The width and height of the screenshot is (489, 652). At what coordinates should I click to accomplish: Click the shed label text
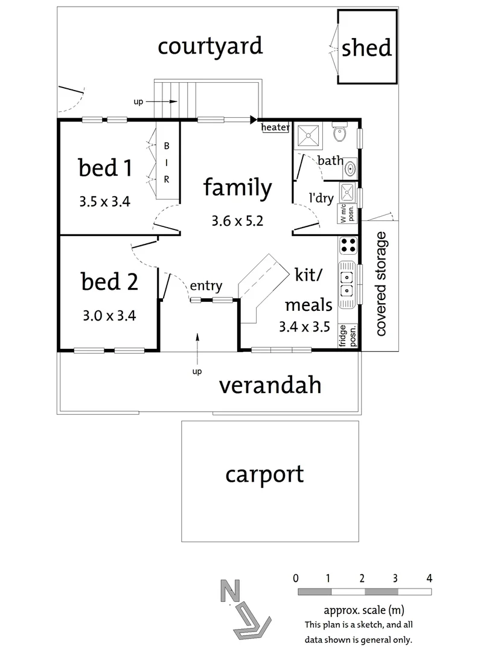point(366,48)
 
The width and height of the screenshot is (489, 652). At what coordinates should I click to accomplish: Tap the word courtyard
point(210,46)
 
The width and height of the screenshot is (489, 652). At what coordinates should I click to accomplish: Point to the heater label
point(275,127)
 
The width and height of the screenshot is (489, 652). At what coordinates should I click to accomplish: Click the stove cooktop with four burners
point(348,245)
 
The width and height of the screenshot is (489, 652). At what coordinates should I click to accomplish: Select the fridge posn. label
point(348,336)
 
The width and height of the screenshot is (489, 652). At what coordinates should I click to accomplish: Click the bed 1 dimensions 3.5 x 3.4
point(104,202)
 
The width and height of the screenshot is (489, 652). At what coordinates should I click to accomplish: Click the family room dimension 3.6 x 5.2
point(237,221)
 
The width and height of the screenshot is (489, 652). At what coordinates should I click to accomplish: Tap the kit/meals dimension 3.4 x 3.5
point(304,327)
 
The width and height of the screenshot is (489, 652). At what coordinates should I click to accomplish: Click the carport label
point(264,475)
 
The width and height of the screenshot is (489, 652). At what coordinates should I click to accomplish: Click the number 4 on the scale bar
point(429,578)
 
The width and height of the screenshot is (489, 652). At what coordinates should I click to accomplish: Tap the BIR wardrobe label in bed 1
point(167,162)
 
